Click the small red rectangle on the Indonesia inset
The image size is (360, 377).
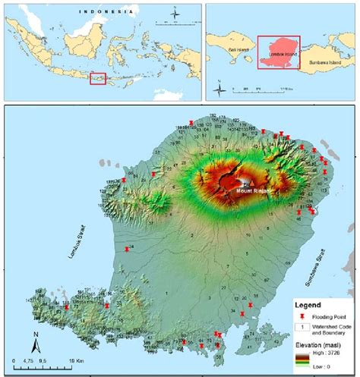click(97, 78)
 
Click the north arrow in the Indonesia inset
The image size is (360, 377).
click(174, 12)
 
